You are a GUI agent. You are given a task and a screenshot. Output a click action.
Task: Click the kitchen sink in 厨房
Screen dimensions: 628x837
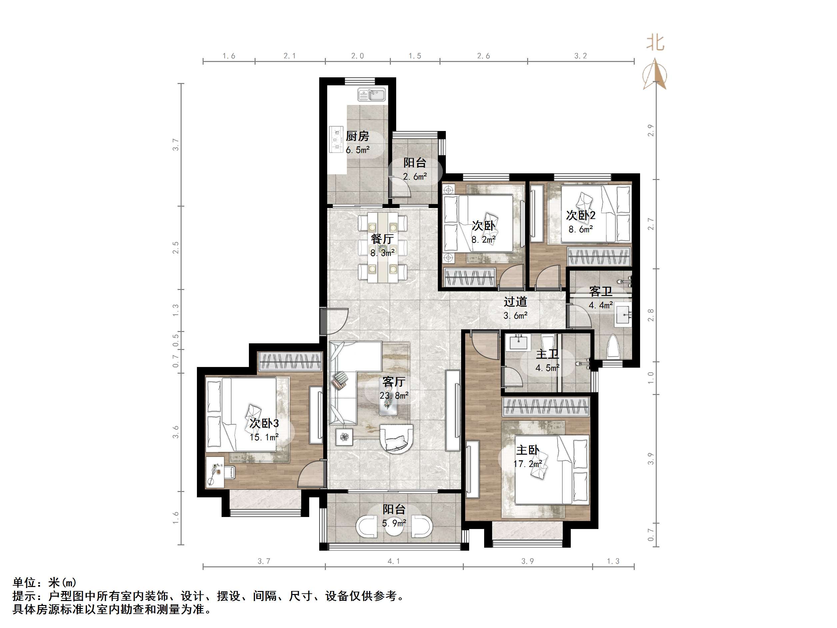click(x=372, y=95)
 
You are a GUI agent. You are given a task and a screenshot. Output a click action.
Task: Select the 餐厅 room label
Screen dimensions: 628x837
click(x=382, y=239)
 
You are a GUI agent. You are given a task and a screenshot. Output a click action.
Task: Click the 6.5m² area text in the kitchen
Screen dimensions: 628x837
click(x=358, y=150)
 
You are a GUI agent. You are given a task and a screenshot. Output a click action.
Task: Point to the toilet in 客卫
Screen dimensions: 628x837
click(x=613, y=346)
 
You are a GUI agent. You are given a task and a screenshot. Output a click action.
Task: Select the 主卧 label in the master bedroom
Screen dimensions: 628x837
click(x=527, y=450)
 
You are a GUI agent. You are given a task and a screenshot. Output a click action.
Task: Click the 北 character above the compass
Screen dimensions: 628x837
click(x=655, y=42)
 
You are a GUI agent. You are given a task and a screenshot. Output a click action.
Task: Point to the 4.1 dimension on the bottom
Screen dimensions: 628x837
click(x=394, y=561)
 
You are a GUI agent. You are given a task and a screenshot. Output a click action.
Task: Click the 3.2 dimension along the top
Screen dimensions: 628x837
click(x=580, y=56)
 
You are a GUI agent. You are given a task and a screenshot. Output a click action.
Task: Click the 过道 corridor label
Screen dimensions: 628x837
click(x=515, y=302)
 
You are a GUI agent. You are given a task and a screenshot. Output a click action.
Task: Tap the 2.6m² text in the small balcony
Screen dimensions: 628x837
click(x=415, y=176)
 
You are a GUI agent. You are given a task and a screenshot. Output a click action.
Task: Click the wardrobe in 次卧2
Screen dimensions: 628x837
click(x=599, y=257)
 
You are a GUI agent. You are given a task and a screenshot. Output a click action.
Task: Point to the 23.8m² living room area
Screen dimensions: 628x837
click(x=394, y=396)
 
